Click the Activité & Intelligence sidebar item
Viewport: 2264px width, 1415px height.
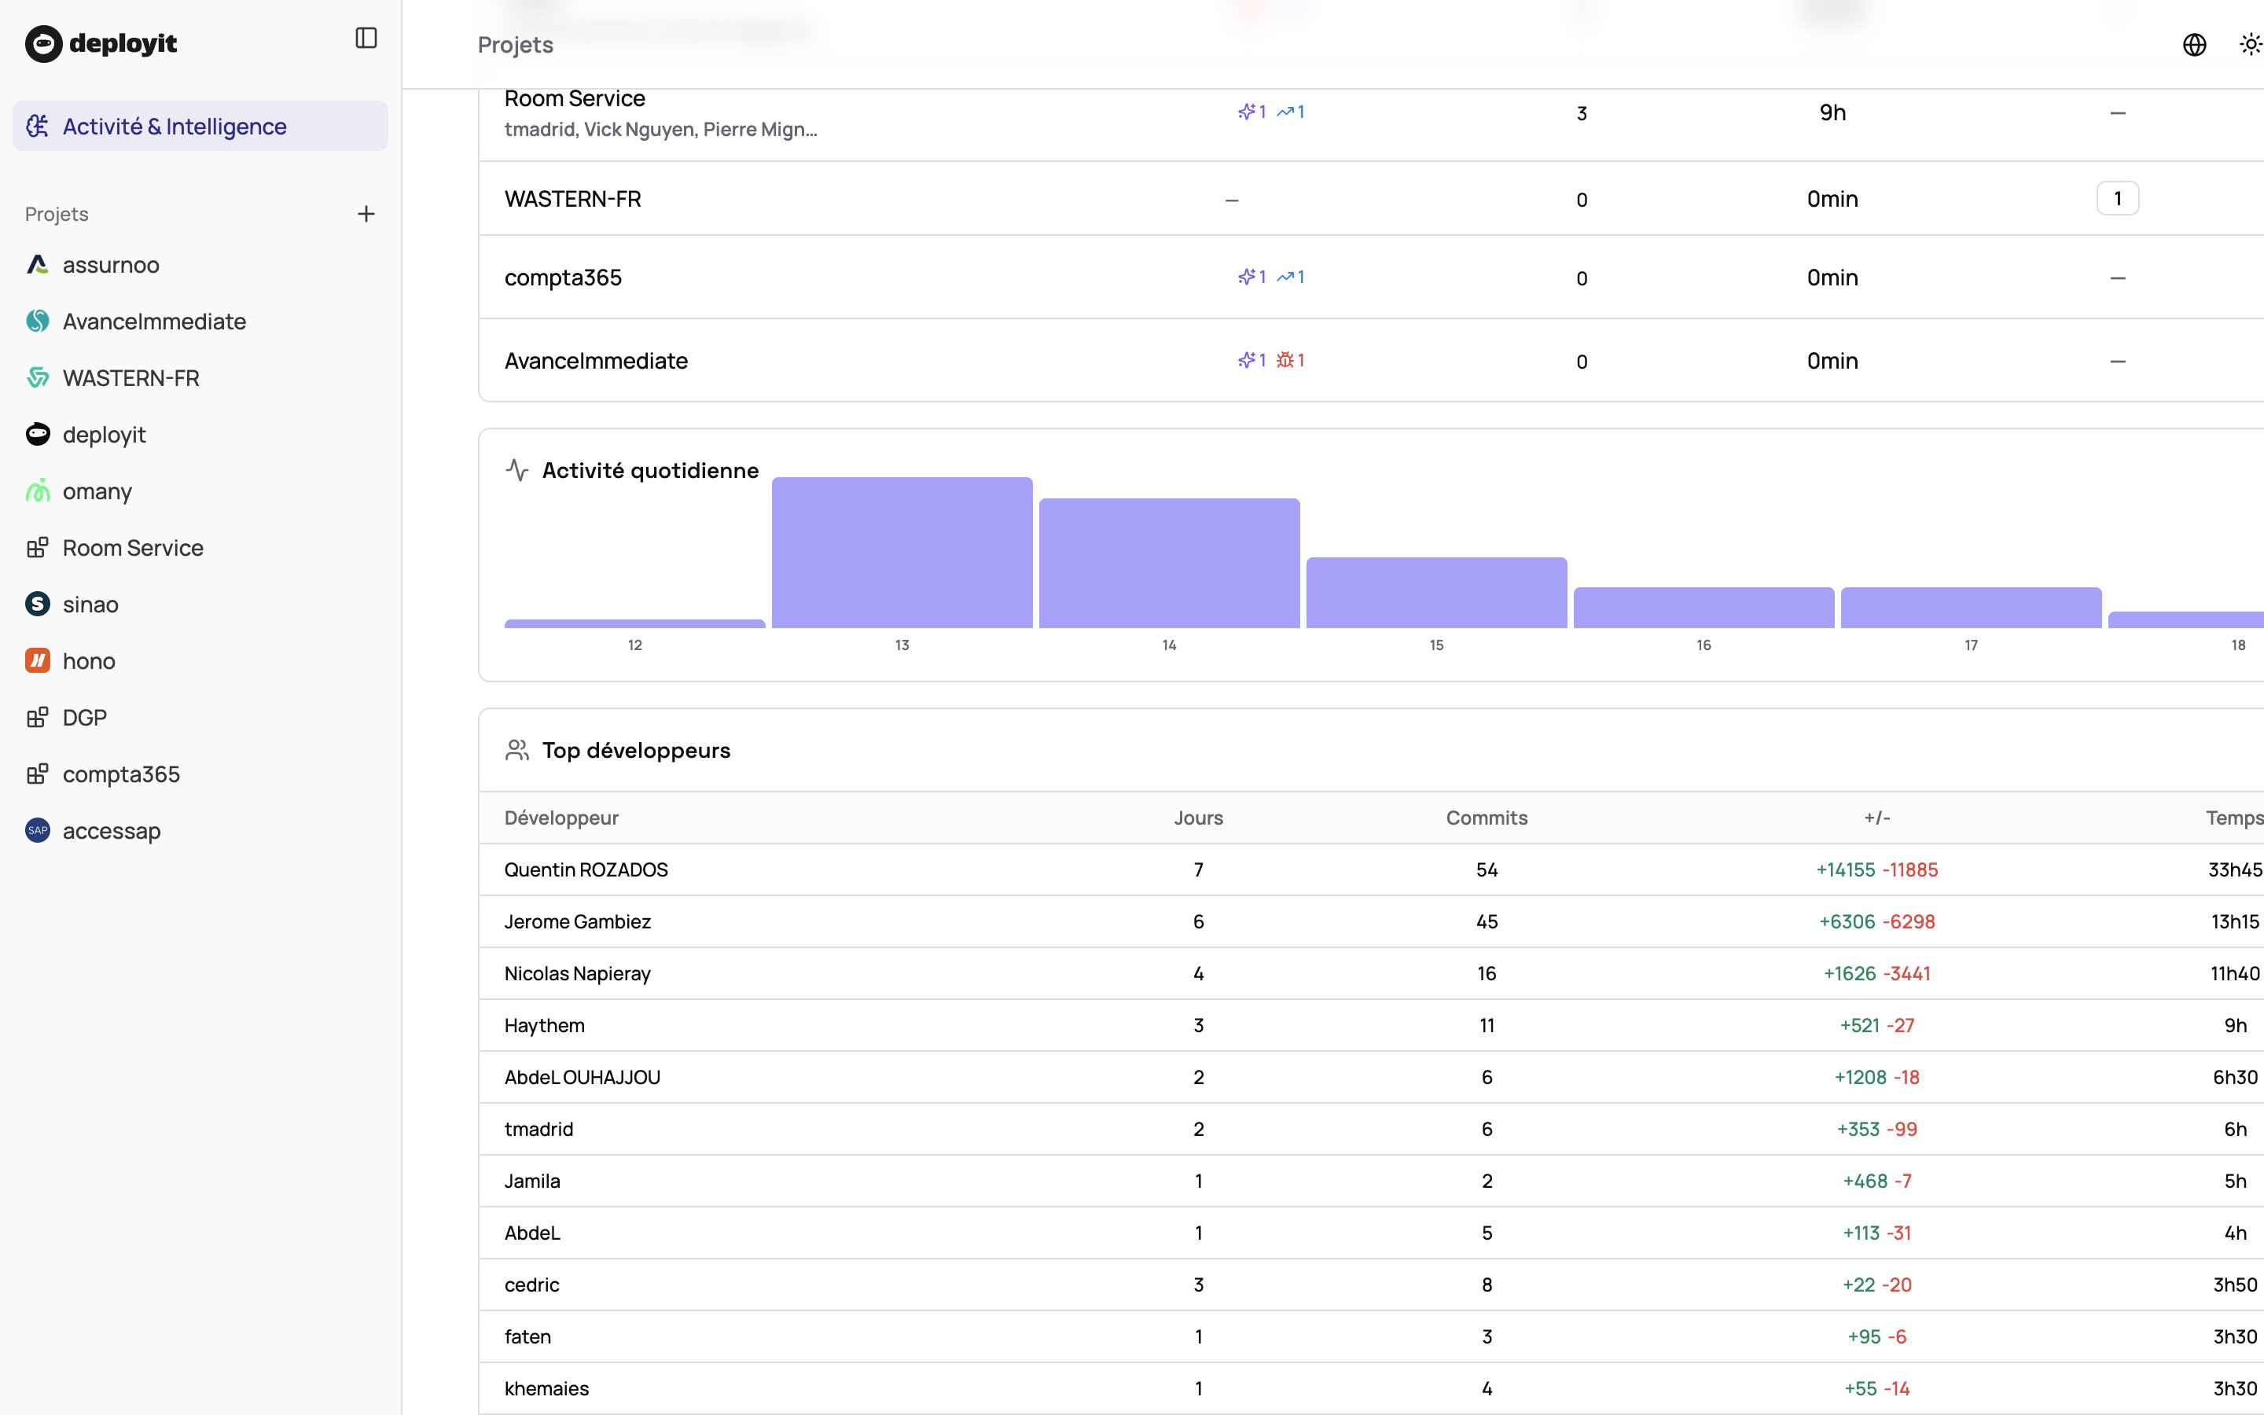[174, 127]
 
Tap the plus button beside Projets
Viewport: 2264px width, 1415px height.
[366, 215]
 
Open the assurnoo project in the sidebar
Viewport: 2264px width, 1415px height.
[110, 265]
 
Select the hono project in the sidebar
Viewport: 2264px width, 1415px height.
[89, 660]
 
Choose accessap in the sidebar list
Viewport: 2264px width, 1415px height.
[112, 831]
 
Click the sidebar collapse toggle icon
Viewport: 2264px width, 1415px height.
[366, 39]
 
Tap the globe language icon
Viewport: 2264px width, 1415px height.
[2194, 45]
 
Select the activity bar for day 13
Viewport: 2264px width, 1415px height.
[902, 552]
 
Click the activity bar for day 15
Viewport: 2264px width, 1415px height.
[1436, 593]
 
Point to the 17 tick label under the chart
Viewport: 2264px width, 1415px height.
[1970, 645]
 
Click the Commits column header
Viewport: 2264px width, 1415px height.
[1487, 818]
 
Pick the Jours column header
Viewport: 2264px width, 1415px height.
[1198, 818]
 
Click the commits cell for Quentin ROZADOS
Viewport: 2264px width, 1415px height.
[1487, 870]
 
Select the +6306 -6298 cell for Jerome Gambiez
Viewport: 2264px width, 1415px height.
[1876, 922]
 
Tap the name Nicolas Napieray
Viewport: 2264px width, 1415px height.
[577, 973]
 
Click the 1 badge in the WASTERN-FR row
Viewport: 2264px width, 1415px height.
[2117, 198]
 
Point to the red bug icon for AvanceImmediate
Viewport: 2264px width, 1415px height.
[1285, 360]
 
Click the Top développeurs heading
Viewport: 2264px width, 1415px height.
[636, 751]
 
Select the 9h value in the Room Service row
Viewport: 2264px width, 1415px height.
[1832, 113]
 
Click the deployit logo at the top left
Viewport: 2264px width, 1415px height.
[101, 43]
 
